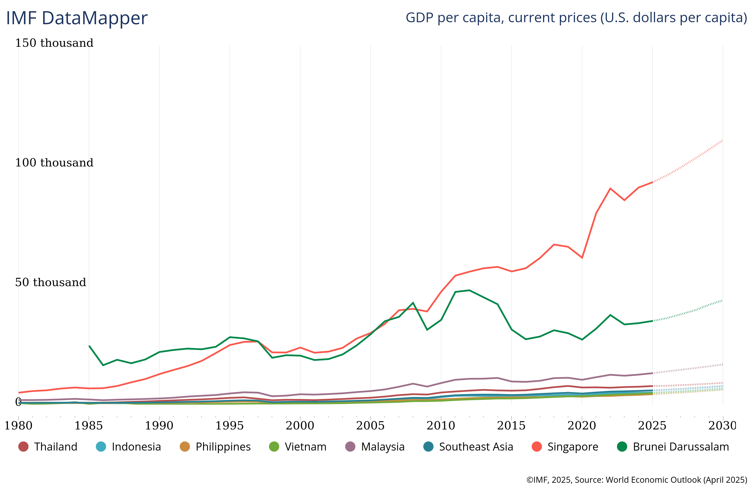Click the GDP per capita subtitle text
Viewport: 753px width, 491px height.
(x=576, y=18)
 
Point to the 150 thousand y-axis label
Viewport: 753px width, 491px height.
(x=54, y=43)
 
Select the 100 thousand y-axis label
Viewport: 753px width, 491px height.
(x=54, y=162)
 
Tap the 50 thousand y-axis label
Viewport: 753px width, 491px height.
(x=50, y=282)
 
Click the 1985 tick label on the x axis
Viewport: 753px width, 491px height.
(x=89, y=425)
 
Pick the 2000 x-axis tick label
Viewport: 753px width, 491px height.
(x=300, y=425)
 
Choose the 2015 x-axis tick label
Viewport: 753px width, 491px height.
(x=511, y=425)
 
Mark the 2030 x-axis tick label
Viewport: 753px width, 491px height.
(x=722, y=425)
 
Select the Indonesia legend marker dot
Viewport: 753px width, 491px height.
(x=101, y=447)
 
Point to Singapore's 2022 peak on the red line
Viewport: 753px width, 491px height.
(x=610, y=188)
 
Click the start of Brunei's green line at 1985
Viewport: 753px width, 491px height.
(x=89, y=346)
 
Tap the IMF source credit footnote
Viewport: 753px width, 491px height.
(x=637, y=480)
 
